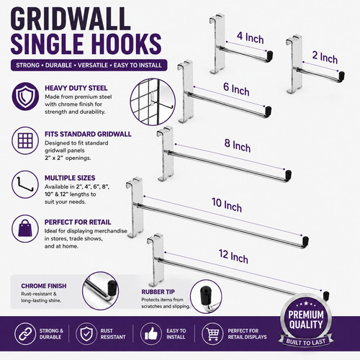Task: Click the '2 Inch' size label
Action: [x=325, y=58]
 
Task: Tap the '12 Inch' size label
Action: [x=233, y=256]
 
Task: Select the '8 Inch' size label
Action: [x=238, y=145]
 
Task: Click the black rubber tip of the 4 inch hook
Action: [x=270, y=55]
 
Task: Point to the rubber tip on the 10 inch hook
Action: [x=305, y=241]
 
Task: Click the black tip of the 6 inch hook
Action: [x=268, y=111]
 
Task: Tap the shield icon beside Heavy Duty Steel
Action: [x=25, y=96]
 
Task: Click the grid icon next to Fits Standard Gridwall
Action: [x=25, y=140]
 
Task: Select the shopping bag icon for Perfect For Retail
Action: [x=25, y=228]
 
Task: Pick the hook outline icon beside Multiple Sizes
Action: [x=25, y=184]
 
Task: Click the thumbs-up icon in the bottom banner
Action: [x=151, y=334]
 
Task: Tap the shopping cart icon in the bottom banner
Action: [x=213, y=334]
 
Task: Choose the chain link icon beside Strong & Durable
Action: [x=25, y=334]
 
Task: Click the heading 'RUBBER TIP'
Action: [x=158, y=292]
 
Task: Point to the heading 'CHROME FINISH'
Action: [x=44, y=286]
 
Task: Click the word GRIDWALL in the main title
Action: [x=71, y=19]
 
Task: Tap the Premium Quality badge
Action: [x=306, y=320]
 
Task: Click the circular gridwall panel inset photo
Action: [x=153, y=102]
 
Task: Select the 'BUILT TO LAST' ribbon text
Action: [x=306, y=342]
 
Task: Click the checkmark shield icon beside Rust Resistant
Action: [x=86, y=334]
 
